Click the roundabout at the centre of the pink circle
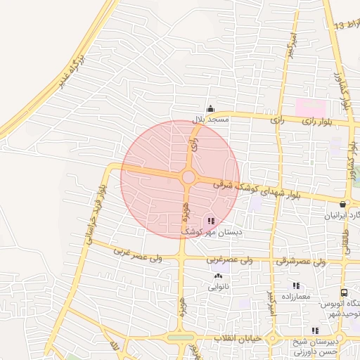(x=188, y=177)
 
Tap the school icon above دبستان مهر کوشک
(x=212, y=221)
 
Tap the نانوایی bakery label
(x=217, y=287)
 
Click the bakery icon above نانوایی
(x=217, y=276)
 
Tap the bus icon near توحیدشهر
(x=343, y=292)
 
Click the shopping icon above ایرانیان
(x=342, y=205)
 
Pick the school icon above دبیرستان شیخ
(x=316, y=330)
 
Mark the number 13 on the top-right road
(x=340, y=26)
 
